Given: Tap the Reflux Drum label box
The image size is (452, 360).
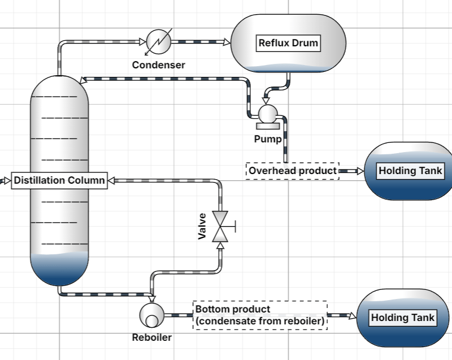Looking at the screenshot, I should [x=288, y=43].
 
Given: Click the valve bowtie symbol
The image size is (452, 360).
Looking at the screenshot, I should [x=220, y=226].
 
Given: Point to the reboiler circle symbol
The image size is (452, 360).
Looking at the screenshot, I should [x=151, y=314].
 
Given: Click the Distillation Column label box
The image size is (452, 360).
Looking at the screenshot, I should [x=59, y=180].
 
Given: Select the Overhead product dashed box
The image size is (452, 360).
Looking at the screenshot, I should [x=293, y=171].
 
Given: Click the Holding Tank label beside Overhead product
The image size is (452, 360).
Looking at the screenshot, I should [x=410, y=171].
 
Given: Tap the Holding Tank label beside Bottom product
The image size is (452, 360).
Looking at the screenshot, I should [x=402, y=318].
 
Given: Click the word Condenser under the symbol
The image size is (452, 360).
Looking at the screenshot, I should [x=158, y=65].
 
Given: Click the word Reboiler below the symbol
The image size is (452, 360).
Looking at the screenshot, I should [x=151, y=338].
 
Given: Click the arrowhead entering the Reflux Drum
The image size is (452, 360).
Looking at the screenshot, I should [x=227, y=42].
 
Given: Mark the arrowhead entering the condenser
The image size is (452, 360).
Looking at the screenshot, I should [x=142, y=41].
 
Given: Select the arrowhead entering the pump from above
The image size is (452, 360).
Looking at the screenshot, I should [x=266, y=101].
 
